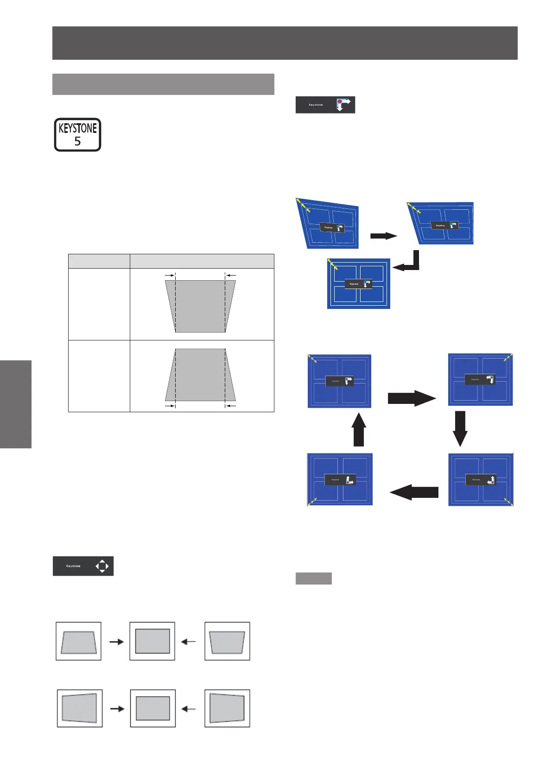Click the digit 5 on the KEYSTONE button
[77, 141]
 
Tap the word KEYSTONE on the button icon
[77, 128]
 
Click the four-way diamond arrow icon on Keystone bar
[102, 566]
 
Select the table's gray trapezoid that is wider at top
[200, 306]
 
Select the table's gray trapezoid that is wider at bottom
[200, 375]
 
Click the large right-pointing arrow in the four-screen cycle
[412, 398]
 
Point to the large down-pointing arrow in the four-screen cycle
[459, 428]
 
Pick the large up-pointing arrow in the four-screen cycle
[358, 429]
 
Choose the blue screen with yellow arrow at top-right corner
[481, 379]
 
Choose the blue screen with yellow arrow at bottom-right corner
[481, 479]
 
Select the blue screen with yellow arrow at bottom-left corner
[340, 479]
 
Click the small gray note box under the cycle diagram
[313, 578]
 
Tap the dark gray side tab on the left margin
[16, 404]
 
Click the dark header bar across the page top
[285, 43]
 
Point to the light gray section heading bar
[163, 84]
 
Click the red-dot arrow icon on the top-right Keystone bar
[343, 104]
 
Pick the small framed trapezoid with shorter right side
[79, 708]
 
